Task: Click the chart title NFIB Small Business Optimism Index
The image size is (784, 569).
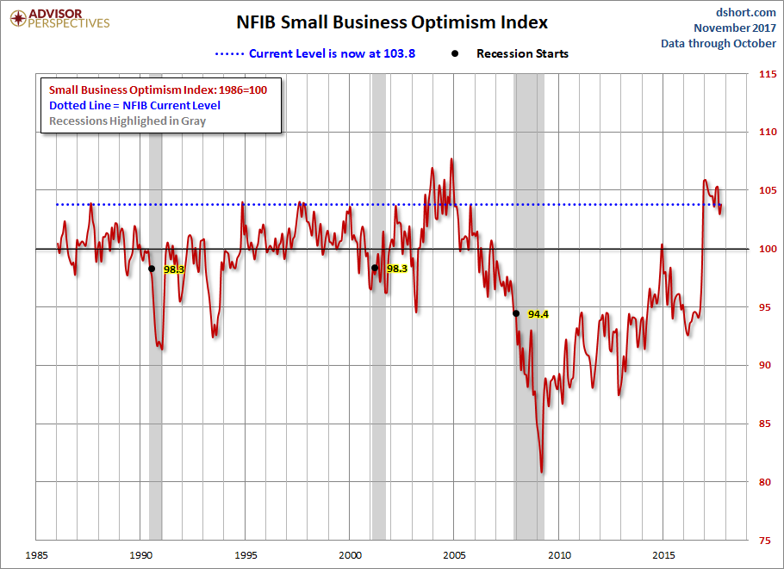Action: coord(392,22)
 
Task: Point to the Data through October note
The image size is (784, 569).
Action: coord(718,43)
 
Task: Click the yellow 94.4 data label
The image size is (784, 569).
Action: coord(538,314)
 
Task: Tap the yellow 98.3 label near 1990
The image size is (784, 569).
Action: coord(174,269)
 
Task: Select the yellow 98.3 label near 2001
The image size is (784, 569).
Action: coord(396,269)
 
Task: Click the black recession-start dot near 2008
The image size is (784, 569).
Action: coord(515,313)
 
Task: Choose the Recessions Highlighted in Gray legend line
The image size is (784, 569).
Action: coord(128,121)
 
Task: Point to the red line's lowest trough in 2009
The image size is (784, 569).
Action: coord(541,472)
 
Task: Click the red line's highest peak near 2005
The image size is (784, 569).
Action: coord(451,159)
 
